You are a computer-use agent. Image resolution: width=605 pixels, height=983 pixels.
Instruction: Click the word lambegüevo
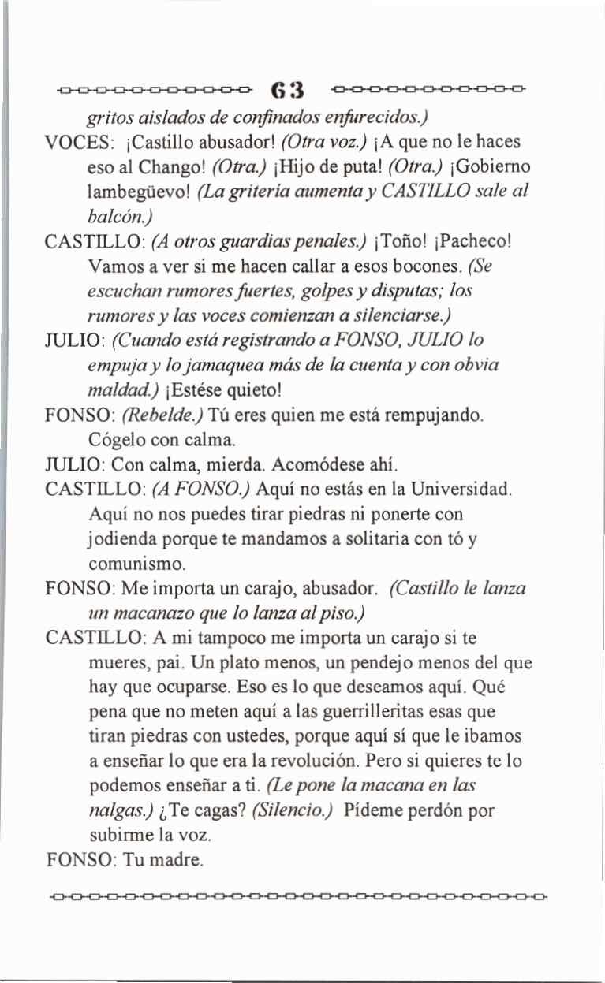(133, 192)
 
